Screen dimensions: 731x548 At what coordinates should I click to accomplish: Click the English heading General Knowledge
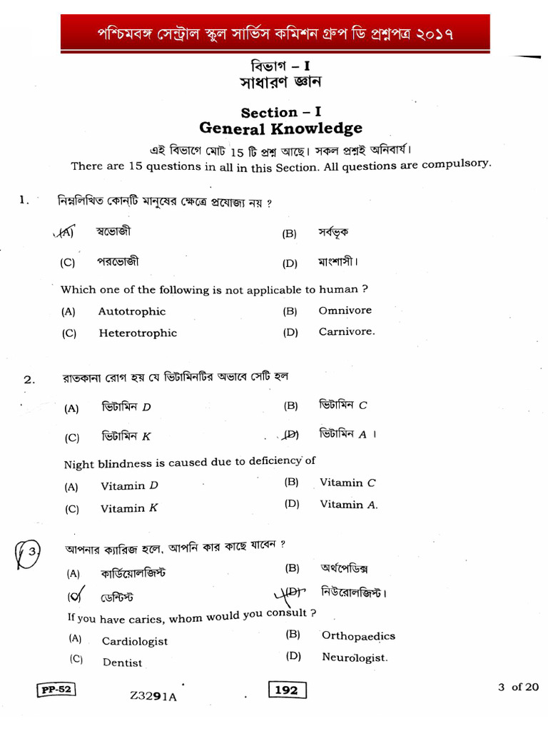pos(280,128)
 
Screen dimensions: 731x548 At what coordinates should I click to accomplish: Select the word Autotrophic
pos(131,311)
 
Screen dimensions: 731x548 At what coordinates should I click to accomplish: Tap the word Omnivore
pos(345,311)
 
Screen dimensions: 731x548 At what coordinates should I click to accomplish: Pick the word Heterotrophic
pos(138,333)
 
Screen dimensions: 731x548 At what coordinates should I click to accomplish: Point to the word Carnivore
pos(346,331)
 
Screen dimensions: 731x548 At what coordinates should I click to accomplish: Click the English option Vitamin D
pos(129,486)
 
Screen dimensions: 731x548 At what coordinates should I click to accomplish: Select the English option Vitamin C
pos(347,483)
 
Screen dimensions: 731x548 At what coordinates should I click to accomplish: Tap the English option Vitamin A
pos(348,505)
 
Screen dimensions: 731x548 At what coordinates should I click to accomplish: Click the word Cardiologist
pos(135,641)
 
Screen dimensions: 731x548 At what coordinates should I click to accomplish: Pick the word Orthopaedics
pos(358,636)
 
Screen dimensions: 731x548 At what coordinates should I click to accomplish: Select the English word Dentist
pos(122,662)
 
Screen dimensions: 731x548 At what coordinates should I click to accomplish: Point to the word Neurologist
pos(355,657)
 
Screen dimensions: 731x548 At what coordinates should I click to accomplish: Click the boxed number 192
pos(287,690)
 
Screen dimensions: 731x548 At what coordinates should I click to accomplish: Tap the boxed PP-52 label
pos(56,689)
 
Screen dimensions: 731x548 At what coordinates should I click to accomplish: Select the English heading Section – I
pos(280,112)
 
